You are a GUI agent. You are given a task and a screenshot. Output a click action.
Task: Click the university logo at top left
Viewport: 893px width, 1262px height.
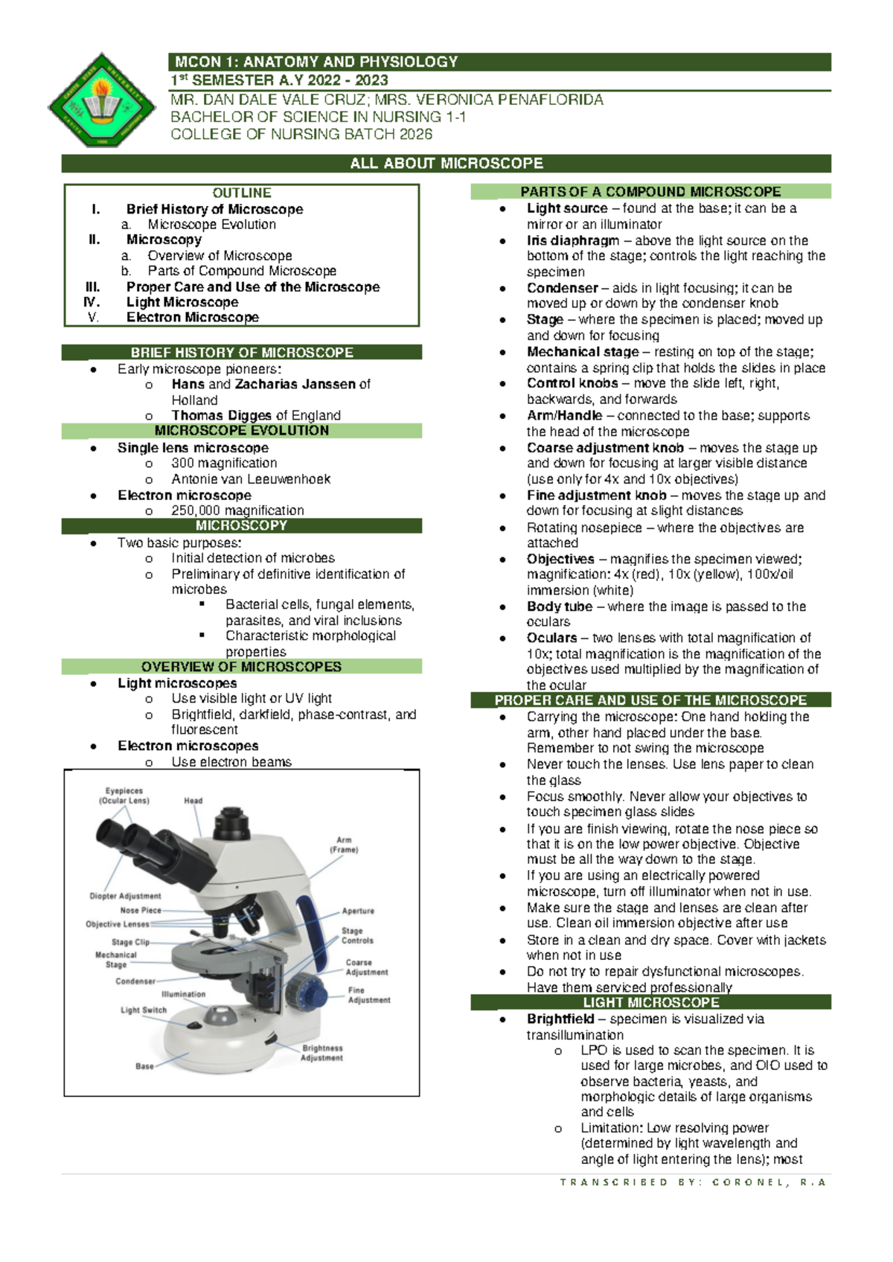click(x=101, y=100)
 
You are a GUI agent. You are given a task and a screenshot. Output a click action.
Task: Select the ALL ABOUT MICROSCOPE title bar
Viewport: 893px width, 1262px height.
click(x=446, y=164)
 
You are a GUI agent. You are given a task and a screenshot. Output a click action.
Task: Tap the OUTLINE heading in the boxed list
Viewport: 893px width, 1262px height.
click(x=242, y=193)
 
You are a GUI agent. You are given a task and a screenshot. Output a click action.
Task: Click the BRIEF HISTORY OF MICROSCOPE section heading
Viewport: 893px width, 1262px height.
click(x=242, y=353)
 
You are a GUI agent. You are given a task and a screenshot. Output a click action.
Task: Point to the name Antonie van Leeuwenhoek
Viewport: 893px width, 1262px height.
click(x=251, y=479)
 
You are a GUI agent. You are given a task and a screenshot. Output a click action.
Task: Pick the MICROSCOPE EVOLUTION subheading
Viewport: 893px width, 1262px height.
click(x=242, y=431)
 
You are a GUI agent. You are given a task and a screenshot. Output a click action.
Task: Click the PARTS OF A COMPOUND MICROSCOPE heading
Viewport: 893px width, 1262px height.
click(x=650, y=192)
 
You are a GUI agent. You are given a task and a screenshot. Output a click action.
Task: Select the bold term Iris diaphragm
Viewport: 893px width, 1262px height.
click(x=572, y=240)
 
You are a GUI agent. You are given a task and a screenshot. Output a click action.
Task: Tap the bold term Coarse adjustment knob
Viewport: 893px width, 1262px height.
click(x=605, y=448)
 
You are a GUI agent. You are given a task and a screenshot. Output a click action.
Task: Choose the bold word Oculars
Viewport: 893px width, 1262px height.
click(x=551, y=638)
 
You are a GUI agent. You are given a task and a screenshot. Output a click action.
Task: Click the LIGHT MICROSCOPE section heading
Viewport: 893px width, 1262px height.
click(x=650, y=1003)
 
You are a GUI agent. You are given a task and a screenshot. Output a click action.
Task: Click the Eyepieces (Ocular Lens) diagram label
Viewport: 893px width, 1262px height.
click(x=124, y=796)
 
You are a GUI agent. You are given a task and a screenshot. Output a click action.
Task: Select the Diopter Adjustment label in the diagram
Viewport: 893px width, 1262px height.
click(x=125, y=896)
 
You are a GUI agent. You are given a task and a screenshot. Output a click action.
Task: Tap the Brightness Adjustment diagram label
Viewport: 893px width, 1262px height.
click(x=322, y=1053)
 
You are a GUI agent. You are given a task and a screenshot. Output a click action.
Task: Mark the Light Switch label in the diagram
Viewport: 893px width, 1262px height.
click(x=144, y=1010)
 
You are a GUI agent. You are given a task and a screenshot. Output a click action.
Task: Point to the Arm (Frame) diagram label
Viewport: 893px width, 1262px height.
click(x=344, y=845)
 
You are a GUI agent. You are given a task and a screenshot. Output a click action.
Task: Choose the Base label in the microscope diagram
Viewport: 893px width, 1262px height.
click(x=144, y=1066)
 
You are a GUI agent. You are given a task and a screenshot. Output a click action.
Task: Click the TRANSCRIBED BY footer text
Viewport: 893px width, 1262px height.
click(x=693, y=1182)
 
